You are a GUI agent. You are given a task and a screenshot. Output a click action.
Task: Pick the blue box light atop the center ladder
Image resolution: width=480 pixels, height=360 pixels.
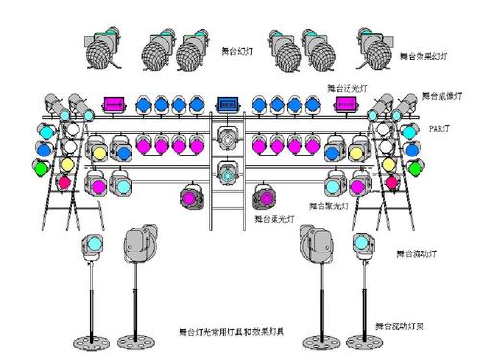tap(228, 102)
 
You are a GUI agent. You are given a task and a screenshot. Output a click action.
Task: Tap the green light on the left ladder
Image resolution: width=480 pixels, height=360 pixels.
tap(40, 168)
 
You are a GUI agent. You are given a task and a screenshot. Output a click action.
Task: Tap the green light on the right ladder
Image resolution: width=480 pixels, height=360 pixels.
tap(415, 168)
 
